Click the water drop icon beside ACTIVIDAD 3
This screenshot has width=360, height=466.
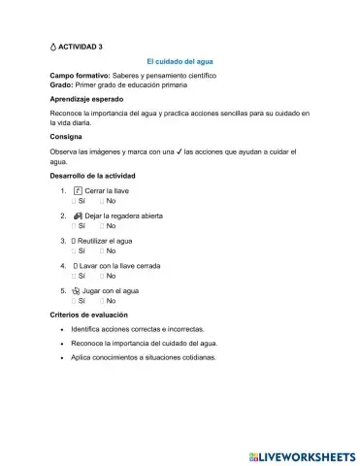pyautogui.click(x=53, y=46)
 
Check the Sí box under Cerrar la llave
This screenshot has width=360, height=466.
pyautogui.click(x=74, y=201)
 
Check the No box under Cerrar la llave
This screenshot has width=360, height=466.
pyautogui.click(x=103, y=201)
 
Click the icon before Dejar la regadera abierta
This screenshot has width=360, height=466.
pyautogui.click(x=78, y=216)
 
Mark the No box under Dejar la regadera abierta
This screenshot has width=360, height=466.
pyautogui.click(x=103, y=225)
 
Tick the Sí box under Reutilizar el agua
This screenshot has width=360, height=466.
pyautogui.click(x=74, y=250)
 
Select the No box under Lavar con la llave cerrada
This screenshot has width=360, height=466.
pyautogui.click(x=103, y=276)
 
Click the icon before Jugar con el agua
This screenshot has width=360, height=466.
pyautogui.click(x=78, y=290)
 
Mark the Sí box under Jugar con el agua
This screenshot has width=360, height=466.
pyautogui.click(x=74, y=301)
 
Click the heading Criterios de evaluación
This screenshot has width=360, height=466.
pyautogui.click(x=93, y=316)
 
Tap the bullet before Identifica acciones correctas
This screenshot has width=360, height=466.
pyautogui.click(x=62, y=330)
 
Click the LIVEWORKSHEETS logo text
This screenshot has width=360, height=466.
pyautogui.click(x=304, y=455)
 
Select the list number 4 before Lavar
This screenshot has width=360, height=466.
pyautogui.click(x=62, y=265)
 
